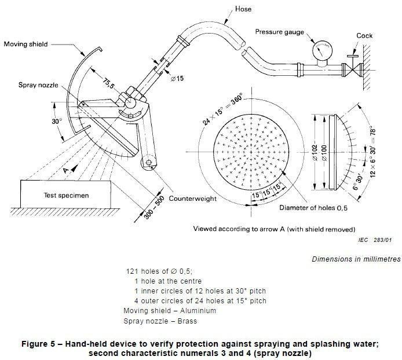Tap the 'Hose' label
pyautogui.click(x=243, y=9)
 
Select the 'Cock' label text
pyautogui.click(x=364, y=36)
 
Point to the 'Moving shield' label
pyautogui.click(x=25, y=44)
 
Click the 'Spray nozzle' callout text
pyautogui.click(x=38, y=85)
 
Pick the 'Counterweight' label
pyautogui.click(x=192, y=199)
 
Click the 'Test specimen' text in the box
pyautogui.click(x=66, y=196)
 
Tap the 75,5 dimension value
pyautogui.click(x=108, y=83)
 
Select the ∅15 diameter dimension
pyautogui.click(x=177, y=78)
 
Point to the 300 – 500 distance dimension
pyautogui.click(x=154, y=208)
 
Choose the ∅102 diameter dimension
pyautogui.click(x=315, y=153)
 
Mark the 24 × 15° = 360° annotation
pyautogui.click(x=223, y=109)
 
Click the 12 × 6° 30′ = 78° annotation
pyautogui.click(x=373, y=152)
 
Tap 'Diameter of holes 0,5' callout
pyautogui.click(x=313, y=208)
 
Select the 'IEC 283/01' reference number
pyautogui.click(x=375, y=240)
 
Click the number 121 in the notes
pyautogui.click(x=132, y=271)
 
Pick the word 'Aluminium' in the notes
pyautogui.click(x=198, y=311)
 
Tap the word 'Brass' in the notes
pyautogui.click(x=187, y=321)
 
